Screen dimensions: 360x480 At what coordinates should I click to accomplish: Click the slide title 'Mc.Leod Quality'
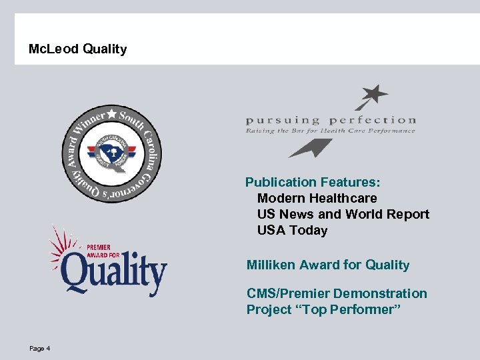click(x=78, y=49)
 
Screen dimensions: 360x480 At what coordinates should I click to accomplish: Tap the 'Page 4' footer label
click(x=40, y=349)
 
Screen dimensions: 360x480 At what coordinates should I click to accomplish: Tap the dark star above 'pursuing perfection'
click(x=373, y=95)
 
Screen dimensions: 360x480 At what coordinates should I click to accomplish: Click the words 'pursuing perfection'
click(x=331, y=121)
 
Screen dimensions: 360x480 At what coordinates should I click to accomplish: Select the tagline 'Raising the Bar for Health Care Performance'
click(x=331, y=131)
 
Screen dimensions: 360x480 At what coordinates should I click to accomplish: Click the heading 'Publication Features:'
click(x=313, y=182)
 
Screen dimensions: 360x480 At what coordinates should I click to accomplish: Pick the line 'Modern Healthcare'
click(x=317, y=198)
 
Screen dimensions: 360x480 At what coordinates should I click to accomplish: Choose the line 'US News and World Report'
click(x=343, y=214)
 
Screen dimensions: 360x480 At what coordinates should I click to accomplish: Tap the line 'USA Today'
click(x=292, y=230)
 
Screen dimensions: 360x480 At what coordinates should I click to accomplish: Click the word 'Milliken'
click(x=271, y=265)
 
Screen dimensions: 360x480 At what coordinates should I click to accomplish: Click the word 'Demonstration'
click(x=380, y=293)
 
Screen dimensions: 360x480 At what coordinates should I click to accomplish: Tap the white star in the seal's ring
click(x=111, y=113)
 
